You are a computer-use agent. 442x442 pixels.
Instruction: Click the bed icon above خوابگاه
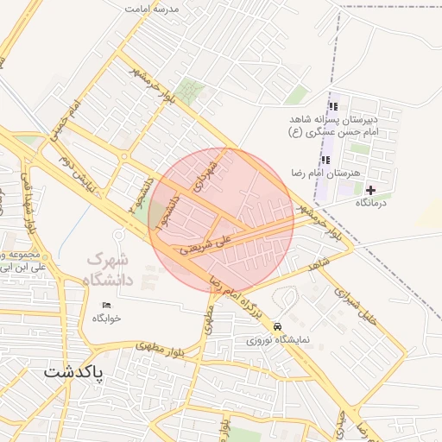[x=107, y=306]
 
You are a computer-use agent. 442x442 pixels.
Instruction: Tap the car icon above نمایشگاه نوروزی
[x=276, y=327]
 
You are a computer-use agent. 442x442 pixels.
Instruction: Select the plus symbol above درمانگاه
[x=371, y=189]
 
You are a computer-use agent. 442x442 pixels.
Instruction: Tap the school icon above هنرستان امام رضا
[x=325, y=160]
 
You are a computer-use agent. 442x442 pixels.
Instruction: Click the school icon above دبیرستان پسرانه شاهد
[x=333, y=106]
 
